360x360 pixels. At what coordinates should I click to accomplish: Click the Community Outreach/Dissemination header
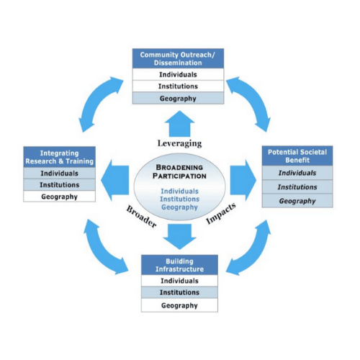click(178, 58)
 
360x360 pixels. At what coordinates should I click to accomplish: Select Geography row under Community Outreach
click(178, 98)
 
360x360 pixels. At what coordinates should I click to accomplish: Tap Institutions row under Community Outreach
click(178, 86)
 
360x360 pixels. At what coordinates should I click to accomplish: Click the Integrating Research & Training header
click(59, 157)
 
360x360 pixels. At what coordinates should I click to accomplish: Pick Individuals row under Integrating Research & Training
click(59, 173)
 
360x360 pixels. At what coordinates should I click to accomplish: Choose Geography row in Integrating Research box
click(59, 197)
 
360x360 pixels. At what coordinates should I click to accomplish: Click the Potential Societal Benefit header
click(297, 156)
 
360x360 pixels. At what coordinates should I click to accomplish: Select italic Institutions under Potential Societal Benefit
click(297, 186)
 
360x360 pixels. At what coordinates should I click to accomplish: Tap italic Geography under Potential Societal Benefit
click(297, 201)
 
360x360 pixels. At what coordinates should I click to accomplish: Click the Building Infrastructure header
click(179, 265)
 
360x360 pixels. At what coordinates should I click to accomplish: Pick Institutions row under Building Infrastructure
click(179, 292)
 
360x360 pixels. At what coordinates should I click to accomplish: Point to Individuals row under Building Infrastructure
click(179, 281)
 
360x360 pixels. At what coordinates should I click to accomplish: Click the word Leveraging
click(179, 143)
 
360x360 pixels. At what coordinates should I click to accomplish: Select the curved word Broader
click(142, 216)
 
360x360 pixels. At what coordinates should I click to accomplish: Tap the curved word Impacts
click(221, 214)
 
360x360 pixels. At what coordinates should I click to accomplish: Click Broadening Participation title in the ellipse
click(179, 171)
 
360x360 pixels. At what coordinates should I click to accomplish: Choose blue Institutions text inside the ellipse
click(179, 199)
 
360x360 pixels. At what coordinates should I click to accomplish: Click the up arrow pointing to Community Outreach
click(179, 124)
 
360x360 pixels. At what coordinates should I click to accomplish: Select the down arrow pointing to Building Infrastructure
click(179, 237)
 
